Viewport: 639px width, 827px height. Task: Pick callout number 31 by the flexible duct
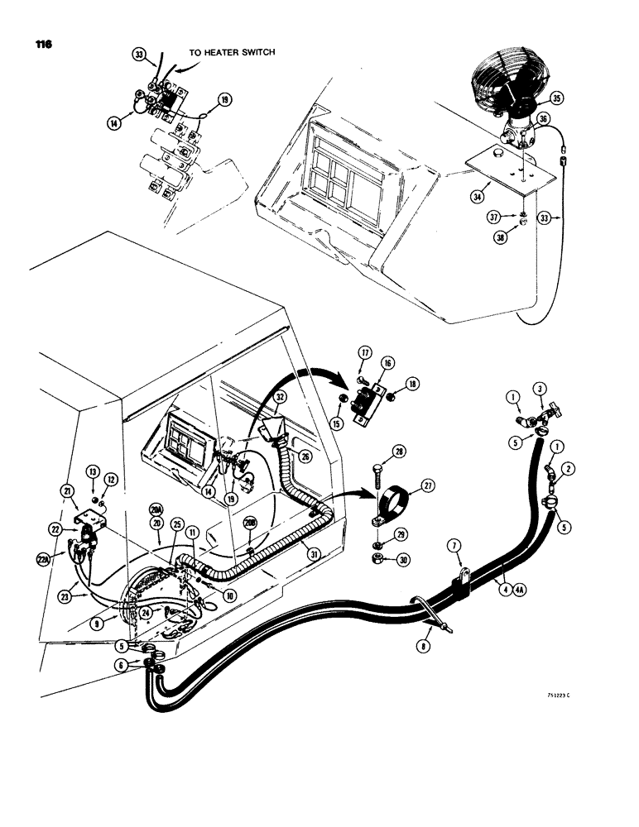point(313,554)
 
